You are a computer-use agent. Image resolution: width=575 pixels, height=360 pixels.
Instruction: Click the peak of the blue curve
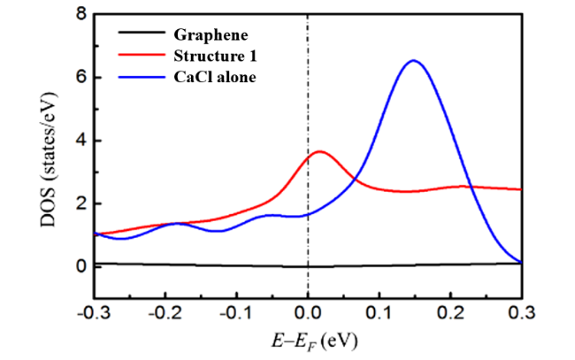coord(412,60)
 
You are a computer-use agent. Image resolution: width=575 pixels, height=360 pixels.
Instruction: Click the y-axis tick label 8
coord(80,14)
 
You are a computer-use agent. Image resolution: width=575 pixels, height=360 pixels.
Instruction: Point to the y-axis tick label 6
coord(80,77)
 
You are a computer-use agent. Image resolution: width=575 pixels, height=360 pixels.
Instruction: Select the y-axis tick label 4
coord(80,140)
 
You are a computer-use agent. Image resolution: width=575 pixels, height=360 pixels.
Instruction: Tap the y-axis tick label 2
coord(80,203)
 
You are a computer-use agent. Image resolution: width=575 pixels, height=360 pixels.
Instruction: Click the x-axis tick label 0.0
coord(307,312)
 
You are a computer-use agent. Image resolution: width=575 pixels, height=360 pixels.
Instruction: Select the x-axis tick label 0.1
coord(379,312)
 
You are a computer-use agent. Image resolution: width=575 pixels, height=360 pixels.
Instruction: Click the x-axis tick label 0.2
coord(450,312)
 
